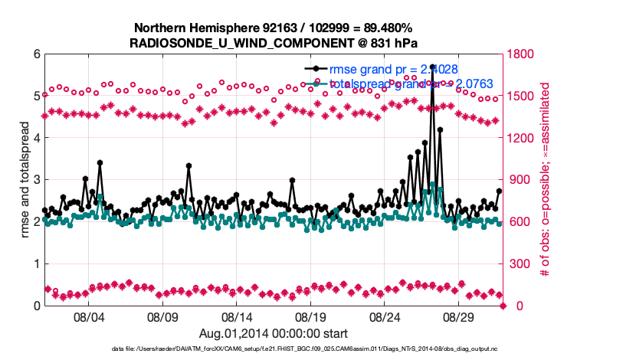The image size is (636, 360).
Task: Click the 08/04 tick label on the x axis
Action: pos(87,316)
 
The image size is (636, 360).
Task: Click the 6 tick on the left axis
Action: pos(37,54)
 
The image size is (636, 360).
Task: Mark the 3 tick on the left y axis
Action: pos(37,180)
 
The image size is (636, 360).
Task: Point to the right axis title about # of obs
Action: pos(546,180)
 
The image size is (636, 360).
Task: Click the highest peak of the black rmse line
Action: pos(433,67)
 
